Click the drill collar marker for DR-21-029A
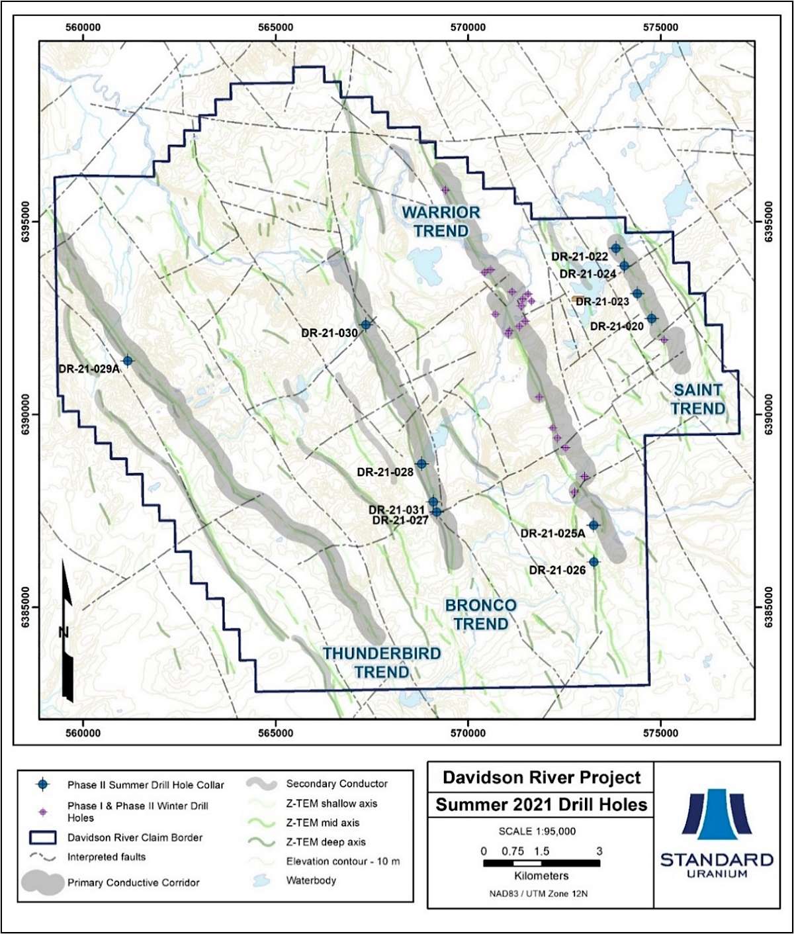(x=128, y=360)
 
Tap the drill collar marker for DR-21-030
(x=365, y=324)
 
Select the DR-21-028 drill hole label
(x=385, y=472)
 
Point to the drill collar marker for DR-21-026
(x=594, y=561)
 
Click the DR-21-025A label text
(x=552, y=534)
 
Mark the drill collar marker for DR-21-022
(x=616, y=248)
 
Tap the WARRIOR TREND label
(x=441, y=222)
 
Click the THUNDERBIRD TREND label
(x=382, y=663)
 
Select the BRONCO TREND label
(x=480, y=614)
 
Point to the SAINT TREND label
(x=697, y=399)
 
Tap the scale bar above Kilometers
(x=541, y=864)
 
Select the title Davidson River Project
(x=541, y=777)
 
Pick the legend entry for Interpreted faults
(x=106, y=857)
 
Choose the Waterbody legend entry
(x=311, y=880)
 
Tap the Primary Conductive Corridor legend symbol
(x=43, y=882)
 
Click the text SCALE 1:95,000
(x=537, y=831)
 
